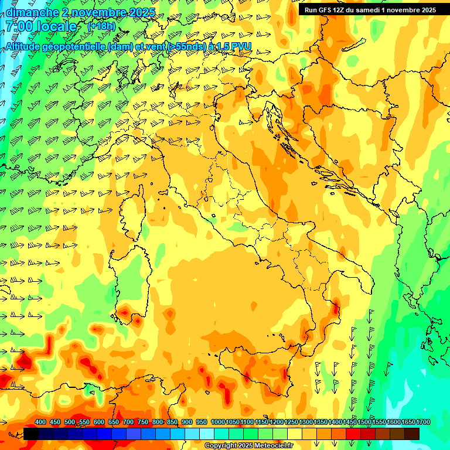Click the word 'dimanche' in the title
click(x=31, y=12)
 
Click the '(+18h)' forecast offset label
click(x=101, y=26)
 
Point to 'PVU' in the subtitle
click(x=240, y=46)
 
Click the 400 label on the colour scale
click(x=40, y=422)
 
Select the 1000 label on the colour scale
click(x=217, y=422)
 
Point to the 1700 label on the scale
click(x=422, y=422)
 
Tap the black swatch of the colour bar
click(x=31, y=434)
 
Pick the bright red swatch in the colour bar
click(x=353, y=434)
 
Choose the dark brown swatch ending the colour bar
click(x=412, y=434)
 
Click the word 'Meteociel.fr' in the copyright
click(x=274, y=446)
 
